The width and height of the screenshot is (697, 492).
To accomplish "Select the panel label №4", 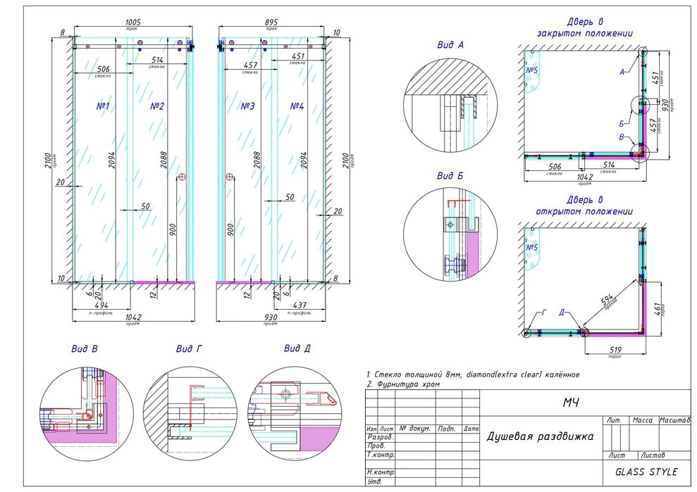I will [297, 106].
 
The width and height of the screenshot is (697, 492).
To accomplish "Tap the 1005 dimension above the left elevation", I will [132, 23].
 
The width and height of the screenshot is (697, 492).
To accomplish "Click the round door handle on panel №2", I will [182, 177].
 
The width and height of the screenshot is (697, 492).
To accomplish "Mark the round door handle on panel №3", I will [229, 177].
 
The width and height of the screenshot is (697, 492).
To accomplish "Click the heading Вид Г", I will [189, 348].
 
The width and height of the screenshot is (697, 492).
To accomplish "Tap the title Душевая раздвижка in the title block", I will [540, 436].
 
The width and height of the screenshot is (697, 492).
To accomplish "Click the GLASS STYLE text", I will [646, 472].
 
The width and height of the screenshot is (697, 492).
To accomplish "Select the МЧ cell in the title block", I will [571, 402].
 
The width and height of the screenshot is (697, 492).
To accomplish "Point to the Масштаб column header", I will [674, 420].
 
